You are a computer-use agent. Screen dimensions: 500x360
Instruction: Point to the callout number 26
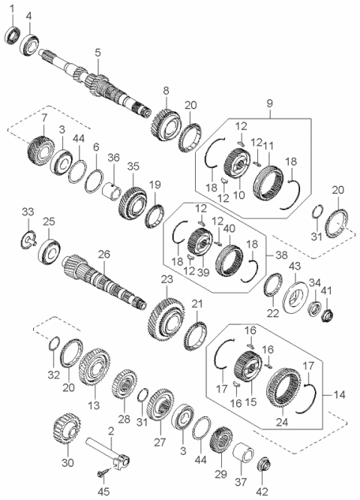tap(103, 255)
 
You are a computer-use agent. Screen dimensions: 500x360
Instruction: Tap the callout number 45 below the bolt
tap(103, 492)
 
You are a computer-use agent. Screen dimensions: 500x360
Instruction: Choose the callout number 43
tap(295, 267)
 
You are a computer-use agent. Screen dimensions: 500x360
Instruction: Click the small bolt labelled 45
tap(103, 474)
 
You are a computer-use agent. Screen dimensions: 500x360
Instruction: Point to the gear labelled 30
tap(66, 434)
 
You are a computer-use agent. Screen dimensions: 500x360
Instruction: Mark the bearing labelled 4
tap(30, 41)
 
